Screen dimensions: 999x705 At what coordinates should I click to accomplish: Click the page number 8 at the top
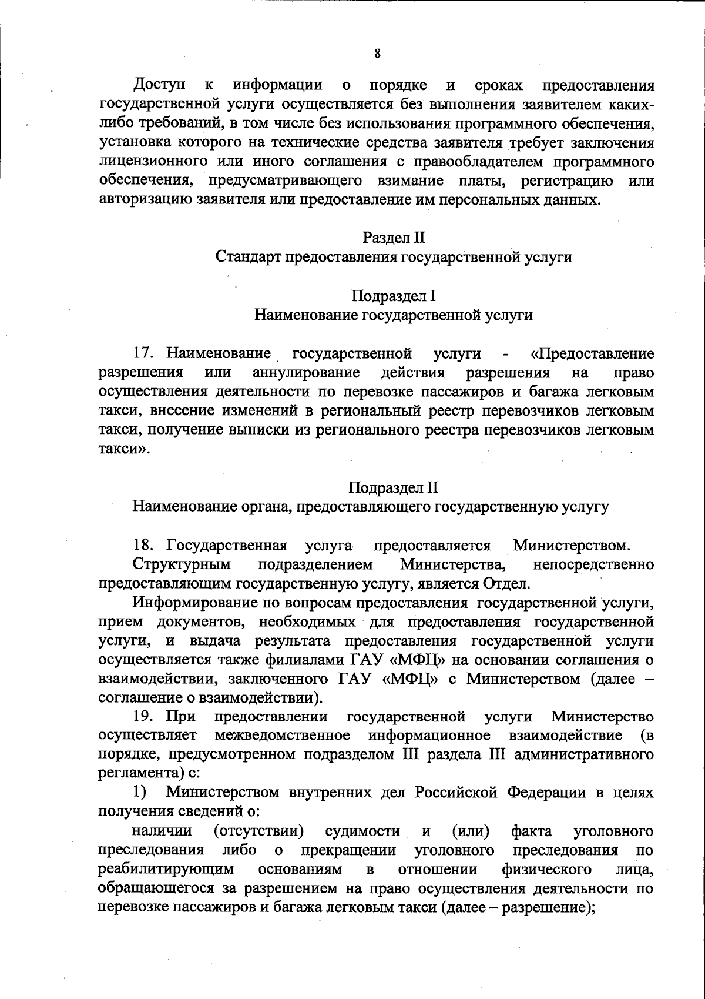click(x=378, y=54)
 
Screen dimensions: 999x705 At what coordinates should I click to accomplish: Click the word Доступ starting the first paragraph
click(x=157, y=86)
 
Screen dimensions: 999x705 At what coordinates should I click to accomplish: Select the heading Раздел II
click(x=393, y=238)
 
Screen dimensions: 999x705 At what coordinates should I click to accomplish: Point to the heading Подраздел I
click(x=393, y=296)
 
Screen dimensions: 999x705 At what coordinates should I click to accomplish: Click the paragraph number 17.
click(x=144, y=354)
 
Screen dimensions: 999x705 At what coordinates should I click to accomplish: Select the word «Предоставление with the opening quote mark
click(x=592, y=354)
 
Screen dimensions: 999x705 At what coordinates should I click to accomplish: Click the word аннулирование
click(x=306, y=373)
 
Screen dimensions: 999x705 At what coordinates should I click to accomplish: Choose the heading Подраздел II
click(x=393, y=487)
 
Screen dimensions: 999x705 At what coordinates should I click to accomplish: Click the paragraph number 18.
click(x=144, y=546)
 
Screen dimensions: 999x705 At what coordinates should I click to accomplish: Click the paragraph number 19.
click(x=144, y=717)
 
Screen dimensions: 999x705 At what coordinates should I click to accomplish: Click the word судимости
click(x=362, y=831)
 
